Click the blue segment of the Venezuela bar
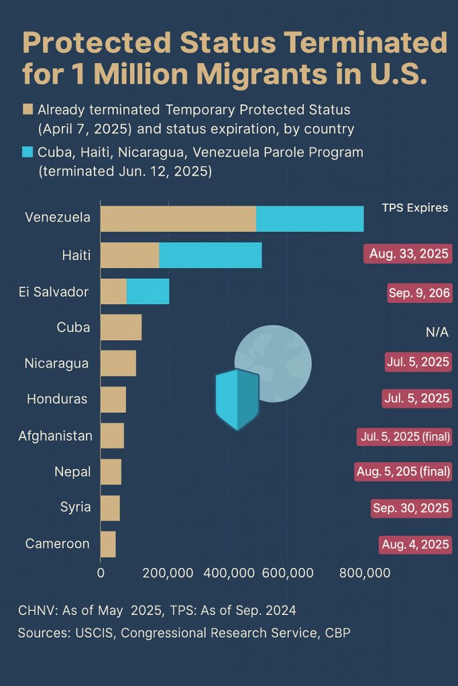coord(310,219)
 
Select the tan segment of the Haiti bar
coord(129,255)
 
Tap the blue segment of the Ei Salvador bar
coord(148,291)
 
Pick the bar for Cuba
coord(121,327)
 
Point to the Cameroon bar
coord(108,544)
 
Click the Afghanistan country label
coord(55,436)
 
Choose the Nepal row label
coord(72,472)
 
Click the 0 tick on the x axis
coord(101,573)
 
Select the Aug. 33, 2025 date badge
coord(408,255)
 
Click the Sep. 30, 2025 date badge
coord(410,508)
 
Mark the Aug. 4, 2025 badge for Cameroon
coord(414,544)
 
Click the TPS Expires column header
coord(414,208)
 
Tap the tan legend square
coord(27,109)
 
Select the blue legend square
coord(27,153)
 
